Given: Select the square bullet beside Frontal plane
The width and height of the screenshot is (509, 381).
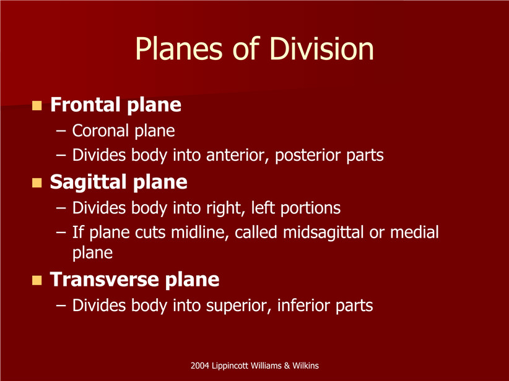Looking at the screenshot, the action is pos(37,105).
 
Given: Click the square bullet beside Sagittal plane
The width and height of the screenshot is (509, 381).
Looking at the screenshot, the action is pos(37,183).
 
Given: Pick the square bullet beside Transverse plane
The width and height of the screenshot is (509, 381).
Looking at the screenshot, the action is pos(37,280).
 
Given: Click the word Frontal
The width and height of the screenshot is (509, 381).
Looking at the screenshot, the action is pos(85,105).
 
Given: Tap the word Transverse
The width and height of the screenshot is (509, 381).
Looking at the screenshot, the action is pos(105,279).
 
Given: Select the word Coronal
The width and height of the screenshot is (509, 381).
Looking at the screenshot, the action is pos(100,131).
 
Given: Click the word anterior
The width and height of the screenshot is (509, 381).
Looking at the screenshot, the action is pos(238,155).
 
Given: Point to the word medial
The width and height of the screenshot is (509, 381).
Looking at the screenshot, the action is pos(414,232).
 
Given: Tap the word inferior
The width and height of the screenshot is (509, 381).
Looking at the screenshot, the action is pos(303,305).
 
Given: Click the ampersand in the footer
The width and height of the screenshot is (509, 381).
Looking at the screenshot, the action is pos(287,366).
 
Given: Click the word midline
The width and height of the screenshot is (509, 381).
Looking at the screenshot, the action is pos(198,233).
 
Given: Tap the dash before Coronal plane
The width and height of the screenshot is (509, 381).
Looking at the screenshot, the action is pos(61,131).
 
